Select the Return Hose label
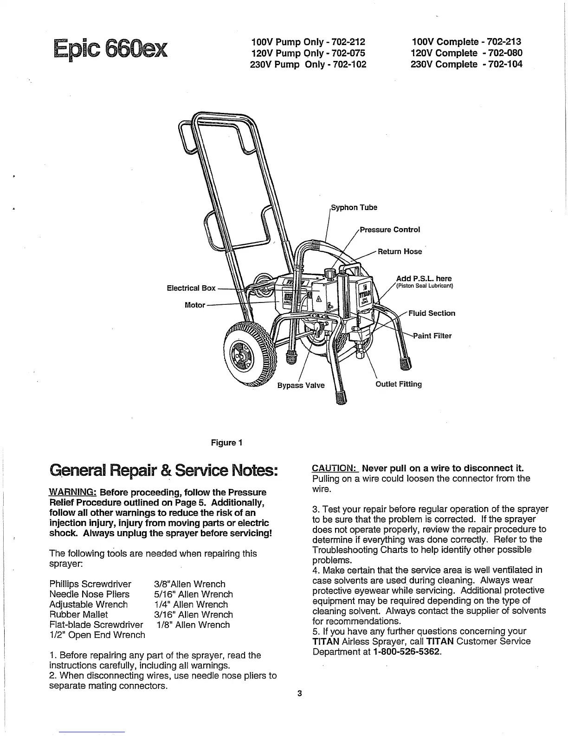point(400,251)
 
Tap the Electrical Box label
point(191,288)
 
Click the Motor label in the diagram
point(195,305)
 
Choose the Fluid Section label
point(432,313)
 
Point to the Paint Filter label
point(432,335)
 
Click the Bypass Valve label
point(301,385)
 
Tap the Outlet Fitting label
point(399,384)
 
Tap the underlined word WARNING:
point(73,492)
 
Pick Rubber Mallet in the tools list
point(78,614)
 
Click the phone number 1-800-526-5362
point(407,651)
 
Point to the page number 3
point(299,694)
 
